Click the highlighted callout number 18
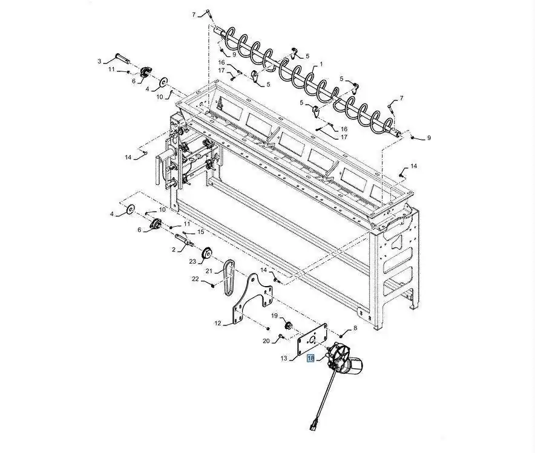(310, 358)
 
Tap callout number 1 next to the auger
(321, 64)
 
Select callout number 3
(99, 61)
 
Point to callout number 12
(218, 323)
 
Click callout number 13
(284, 358)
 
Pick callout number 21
(209, 272)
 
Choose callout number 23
(193, 262)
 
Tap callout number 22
(195, 279)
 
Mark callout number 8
(355, 328)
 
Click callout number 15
(201, 232)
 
